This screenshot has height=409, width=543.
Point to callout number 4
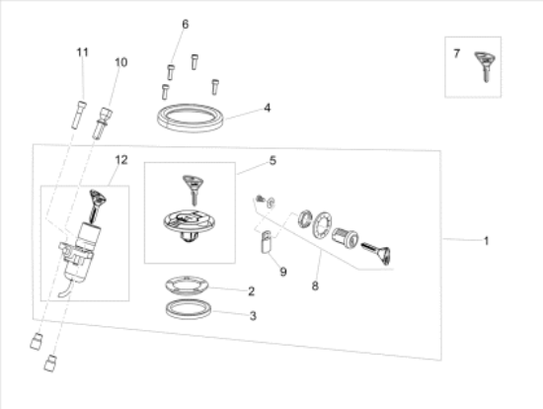pos(266,107)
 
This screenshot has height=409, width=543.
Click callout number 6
pos(184,24)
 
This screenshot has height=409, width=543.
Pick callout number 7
pos(456,53)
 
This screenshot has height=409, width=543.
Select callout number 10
pos(120,62)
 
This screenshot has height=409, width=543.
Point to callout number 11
pos(83,50)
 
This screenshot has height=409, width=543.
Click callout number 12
pos(120,159)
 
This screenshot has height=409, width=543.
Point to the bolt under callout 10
pos(101,125)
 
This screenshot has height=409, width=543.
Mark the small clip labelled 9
pos(265,241)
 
